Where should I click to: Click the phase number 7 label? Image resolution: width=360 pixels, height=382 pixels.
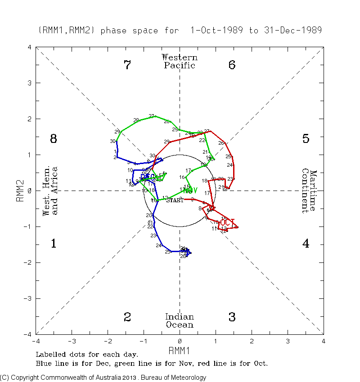[x=127, y=65]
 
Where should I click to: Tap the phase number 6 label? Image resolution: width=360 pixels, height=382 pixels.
[x=232, y=65]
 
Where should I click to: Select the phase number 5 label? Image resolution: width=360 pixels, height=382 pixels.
[x=306, y=139]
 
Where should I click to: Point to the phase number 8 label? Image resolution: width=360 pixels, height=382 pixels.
[x=53, y=139]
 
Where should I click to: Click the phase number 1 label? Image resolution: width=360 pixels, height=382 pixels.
[x=53, y=244]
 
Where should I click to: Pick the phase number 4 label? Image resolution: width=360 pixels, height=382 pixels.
[x=306, y=244]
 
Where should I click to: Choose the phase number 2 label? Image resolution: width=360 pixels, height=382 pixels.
[x=127, y=317]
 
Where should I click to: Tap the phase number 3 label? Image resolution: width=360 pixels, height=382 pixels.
[x=232, y=317]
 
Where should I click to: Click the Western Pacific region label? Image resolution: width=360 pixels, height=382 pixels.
[x=180, y=61]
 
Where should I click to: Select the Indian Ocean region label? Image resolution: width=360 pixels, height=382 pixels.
[x=180, y=321]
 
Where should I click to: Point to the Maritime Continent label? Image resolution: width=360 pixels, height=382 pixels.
[x=309, y=191]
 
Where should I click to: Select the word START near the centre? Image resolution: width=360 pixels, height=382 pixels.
[x=175, y=200]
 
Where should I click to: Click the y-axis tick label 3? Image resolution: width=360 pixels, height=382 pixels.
[x=29, y=83]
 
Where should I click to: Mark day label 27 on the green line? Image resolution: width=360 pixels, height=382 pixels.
[x=152, y=116]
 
